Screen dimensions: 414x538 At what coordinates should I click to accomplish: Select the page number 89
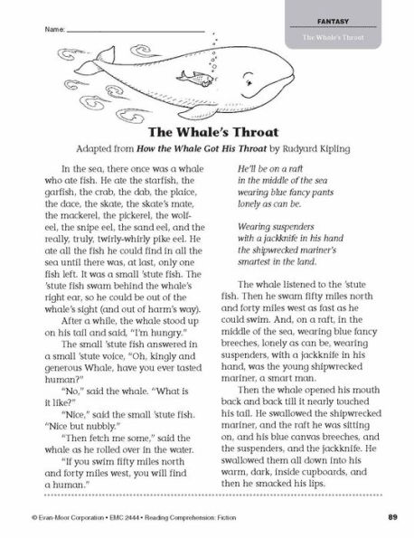[x=392, y=516]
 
